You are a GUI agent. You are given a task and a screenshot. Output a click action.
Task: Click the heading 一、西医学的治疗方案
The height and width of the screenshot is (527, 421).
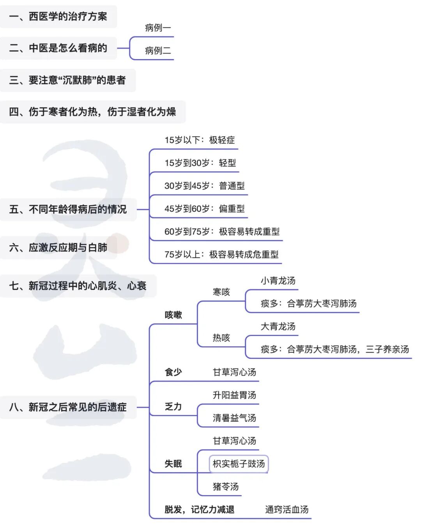click(58, 16)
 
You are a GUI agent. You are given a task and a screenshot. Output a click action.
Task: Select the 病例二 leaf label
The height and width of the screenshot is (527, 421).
click(158, 51)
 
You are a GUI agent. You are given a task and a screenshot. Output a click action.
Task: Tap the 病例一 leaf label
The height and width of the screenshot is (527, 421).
click(158, 28)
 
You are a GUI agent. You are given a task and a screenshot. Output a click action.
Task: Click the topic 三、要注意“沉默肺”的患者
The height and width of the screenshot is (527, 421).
click(67, 80)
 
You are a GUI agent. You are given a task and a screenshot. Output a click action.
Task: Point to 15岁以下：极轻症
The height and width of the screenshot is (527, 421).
click(200, 140)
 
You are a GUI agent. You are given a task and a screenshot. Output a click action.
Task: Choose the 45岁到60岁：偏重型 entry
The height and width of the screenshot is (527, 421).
click(204, 209)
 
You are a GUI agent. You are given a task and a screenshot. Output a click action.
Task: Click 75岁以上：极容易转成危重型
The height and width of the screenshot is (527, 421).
click(221, 255)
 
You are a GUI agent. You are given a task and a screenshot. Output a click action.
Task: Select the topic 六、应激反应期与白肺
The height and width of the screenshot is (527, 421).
click(58, 248)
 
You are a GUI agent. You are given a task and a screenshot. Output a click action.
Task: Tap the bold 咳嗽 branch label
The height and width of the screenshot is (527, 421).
click(173, 315)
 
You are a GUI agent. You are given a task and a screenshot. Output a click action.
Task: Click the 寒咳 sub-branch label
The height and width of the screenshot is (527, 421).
click(221, 292)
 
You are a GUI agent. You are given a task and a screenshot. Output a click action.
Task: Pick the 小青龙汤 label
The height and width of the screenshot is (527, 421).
click(278, 281)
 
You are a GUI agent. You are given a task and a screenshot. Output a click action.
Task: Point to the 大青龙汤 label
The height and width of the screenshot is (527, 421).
click(278, 326)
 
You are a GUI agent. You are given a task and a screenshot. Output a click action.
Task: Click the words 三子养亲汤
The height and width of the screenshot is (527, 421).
click(387, 349)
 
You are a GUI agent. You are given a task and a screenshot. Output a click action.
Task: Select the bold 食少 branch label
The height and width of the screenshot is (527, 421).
click(173, 372)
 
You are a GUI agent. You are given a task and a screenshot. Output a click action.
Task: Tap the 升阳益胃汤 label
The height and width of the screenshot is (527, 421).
click(234, 395)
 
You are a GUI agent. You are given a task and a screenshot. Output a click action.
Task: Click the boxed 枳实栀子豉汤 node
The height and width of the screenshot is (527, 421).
click(239, 464)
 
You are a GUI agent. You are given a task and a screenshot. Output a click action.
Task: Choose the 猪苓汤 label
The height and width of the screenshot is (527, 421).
click(225, 487)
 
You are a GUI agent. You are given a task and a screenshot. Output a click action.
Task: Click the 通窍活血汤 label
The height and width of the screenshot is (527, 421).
click(287, 509)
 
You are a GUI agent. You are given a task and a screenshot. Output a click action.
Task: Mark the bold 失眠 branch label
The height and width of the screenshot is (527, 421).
click(173, 464)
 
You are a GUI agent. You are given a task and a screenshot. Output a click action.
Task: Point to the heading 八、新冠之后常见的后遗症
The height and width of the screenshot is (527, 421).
click(68, 407)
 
